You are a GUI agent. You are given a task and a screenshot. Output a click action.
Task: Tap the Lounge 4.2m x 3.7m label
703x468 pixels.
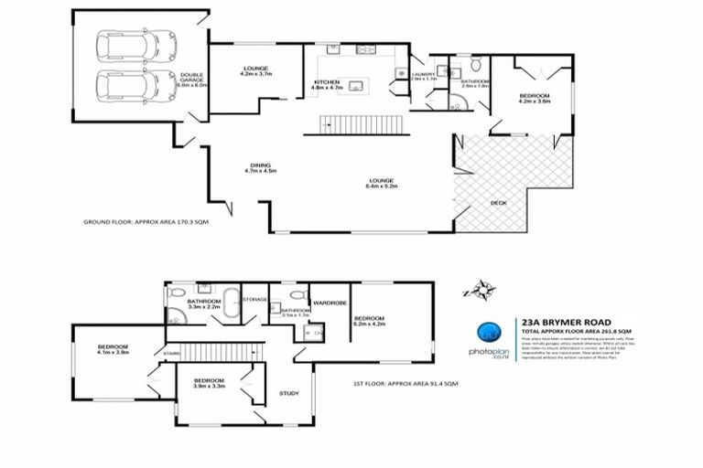[254, 69]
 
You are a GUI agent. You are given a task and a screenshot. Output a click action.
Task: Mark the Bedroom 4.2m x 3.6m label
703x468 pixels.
[534, 99]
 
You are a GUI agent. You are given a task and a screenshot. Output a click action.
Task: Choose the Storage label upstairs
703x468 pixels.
[255, 299]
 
